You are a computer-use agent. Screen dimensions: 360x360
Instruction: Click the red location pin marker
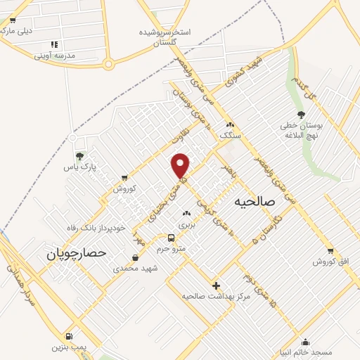[x=181, y=165]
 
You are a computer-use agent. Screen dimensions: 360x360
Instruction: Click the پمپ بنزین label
[x=69, y=347]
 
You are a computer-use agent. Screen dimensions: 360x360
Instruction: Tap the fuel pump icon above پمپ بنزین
[x=69, y=336]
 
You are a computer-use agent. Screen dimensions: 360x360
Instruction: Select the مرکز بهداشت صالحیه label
[x=216, y=297]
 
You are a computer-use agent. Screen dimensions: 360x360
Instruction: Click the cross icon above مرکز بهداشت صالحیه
[x=216, y=285]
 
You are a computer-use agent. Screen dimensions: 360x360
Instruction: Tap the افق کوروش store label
[x=331, y=262]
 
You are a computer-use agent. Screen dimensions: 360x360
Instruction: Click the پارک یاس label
[x=79, y=167]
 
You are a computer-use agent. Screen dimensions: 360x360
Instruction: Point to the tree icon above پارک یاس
[x=79, y=155]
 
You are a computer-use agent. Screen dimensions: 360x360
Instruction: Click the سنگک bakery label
[x=230, y=134]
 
